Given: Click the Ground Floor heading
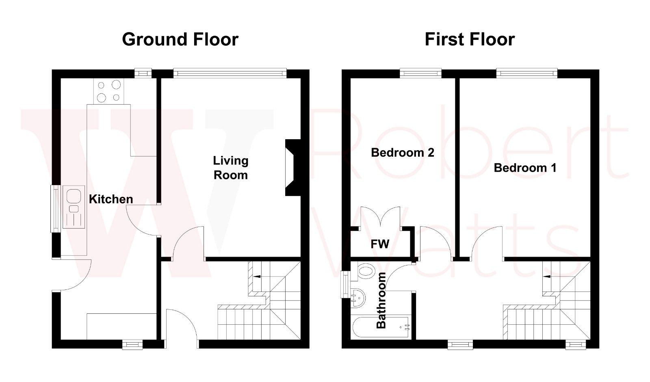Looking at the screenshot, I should point(180,39).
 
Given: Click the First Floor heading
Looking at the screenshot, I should point(470,39).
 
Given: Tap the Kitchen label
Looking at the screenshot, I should point(110,199).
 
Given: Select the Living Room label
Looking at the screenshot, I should point(230,168).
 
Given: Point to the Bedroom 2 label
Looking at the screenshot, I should point(402,153).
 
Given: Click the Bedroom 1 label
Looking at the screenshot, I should point(525,168).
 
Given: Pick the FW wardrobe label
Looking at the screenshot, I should point(380,244).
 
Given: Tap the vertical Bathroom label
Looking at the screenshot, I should point(381,300).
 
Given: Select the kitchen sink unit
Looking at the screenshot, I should point(74,207).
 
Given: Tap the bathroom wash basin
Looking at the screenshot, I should point(357,298).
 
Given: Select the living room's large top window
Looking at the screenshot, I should point(230,73).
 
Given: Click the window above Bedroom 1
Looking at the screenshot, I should point(526,73).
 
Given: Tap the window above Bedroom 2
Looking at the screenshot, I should point(420,73).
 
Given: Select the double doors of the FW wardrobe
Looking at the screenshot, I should point(380,217).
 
